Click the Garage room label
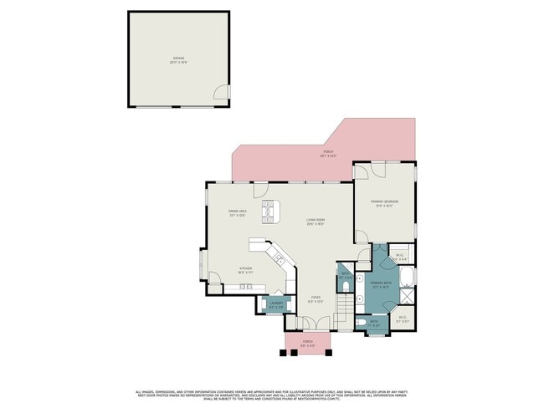pyautogui.click(x=178, y=59)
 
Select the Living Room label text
pyautogui.click(x=316, y=222)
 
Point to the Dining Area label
pyautogui.click(x=238, y=213)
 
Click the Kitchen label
pyautogui.click(x=223, y=270)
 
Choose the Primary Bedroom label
pyautogui.click(x=385, y=203)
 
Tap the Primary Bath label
pyautogui.click(x=382, y=285)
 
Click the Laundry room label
pyautogui.click(x=275, y=305)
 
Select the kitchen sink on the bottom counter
pyautogui.click(x=244, y=287)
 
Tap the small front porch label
pyautogui.click(x=307, y=342)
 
